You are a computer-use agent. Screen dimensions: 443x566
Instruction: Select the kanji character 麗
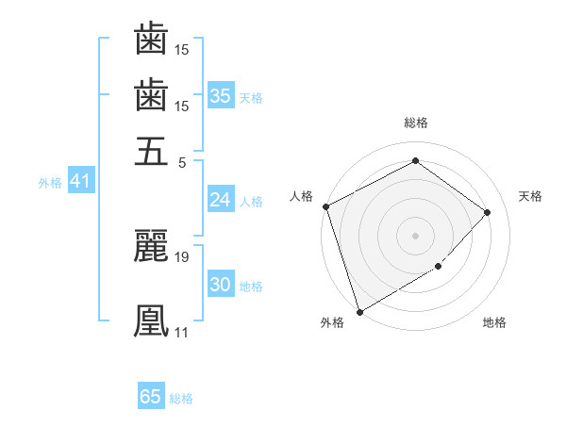tap(151, 245)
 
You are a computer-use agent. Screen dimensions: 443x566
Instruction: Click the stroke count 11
tap(181, 332)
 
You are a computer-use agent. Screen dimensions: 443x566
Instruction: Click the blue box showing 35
tap(221, 96)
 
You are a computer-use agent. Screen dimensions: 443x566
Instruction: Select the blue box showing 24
tap(221, 200)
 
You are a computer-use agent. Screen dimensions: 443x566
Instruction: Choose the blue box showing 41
tap(79, 182)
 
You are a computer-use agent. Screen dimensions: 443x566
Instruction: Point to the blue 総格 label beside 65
tap(181, 399)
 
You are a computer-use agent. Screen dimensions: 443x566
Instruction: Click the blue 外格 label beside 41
tap(50, 183)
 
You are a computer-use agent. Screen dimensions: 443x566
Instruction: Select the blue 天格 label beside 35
tap(251, 97)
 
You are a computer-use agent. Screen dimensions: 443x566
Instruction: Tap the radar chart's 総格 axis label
tap(415, 123)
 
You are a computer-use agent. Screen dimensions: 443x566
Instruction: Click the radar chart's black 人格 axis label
tap(302, 196)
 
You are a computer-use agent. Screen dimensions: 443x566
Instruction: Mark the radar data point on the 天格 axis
tap(488, 212)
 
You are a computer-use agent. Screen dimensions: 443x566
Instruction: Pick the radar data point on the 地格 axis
tap(439, 268)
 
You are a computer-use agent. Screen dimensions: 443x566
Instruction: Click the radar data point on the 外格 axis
tap(359, 312)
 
